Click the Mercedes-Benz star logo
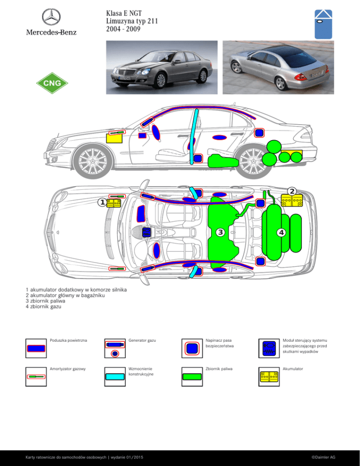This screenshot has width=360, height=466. (x=51, y=17)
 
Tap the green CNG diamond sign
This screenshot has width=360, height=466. (x=52, y=83)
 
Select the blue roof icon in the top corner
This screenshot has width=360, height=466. (x=323, y=24)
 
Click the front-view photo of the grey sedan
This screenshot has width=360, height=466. (x=162, y=68)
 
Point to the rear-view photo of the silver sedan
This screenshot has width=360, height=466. (x=278, y=68)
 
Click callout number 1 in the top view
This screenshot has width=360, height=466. (x=102, y=203)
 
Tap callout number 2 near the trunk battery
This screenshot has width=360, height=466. (x=292, y=191)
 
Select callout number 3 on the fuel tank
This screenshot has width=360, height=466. (x=220, y=232)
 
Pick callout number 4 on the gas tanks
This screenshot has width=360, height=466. (x=281, y=233)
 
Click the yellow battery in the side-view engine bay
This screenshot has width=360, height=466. (x=114, y=138)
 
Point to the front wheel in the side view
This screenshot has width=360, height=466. (x=93, y=161)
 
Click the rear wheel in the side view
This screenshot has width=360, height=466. (x=253, y=161)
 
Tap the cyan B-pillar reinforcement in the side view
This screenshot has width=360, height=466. (x=194, y=136)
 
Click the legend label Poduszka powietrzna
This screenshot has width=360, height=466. (x=68, y=340)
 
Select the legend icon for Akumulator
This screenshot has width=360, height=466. (x=269, y=376)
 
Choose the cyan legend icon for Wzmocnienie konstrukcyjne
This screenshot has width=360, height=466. (x=115, y=376)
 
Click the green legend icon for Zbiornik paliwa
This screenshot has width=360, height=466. (x=192, y=376)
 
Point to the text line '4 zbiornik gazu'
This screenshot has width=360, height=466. (x=44, y=307)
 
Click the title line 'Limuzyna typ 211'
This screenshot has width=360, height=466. (x=132, y=21)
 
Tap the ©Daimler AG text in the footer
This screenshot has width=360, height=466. (x=323, y=457)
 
